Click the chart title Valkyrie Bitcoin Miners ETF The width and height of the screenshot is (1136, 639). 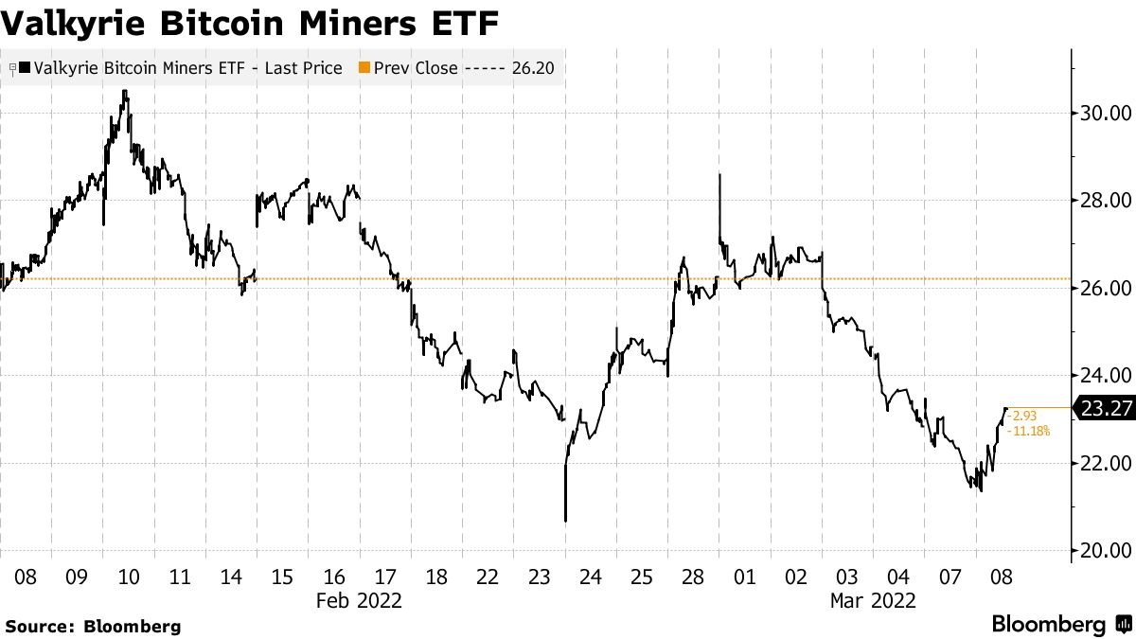[x=250, y=22]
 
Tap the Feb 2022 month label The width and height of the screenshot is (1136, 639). [x=359, y=600]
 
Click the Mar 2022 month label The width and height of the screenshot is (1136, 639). [x=872, y=600]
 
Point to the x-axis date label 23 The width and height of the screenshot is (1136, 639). [x=539, y=577]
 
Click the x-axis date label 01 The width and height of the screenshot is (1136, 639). [x=744, y=577]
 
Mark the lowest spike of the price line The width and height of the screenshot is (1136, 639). [x=565, y=520]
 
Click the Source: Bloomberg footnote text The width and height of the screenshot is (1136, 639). [x=93, y=626]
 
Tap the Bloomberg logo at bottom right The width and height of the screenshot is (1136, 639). [x=1061, y=625]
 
